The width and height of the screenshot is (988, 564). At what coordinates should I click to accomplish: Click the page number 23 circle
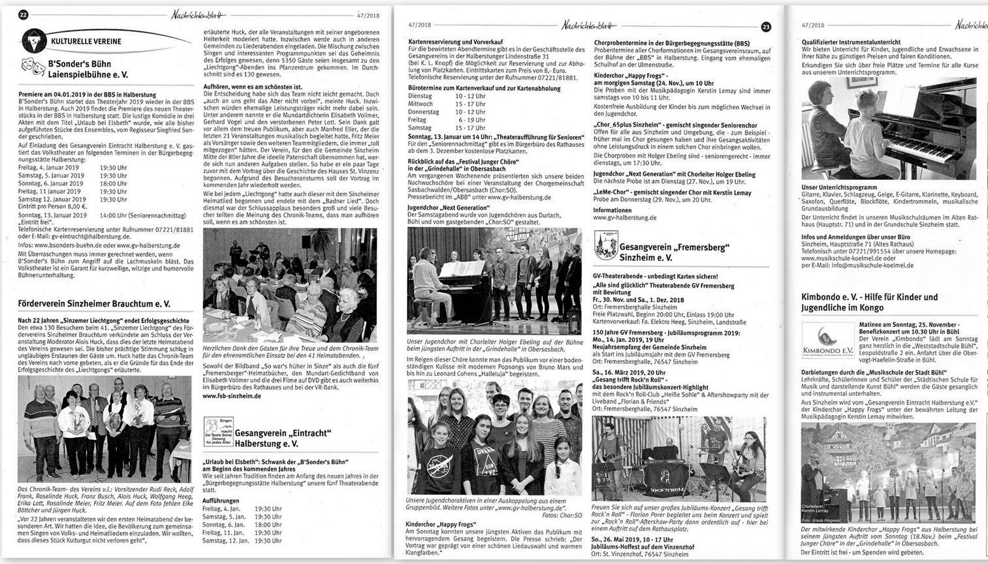point(766,27)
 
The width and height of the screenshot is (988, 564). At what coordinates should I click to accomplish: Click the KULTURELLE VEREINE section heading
point(86,41)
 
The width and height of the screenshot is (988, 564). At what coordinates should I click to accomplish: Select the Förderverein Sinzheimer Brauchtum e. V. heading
point(94,304)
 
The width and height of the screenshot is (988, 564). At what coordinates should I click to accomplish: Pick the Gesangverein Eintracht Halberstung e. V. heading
point(283,438)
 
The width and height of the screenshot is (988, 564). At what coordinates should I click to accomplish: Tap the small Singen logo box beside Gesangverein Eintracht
point(218,432)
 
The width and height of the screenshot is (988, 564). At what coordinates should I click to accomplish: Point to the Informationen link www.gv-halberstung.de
point(625,218)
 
